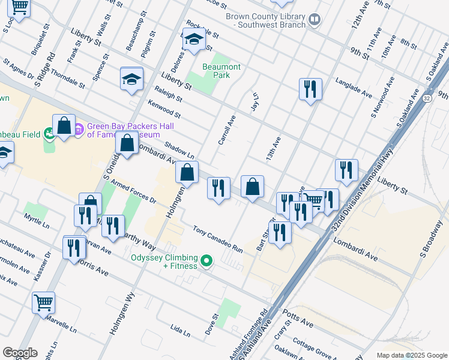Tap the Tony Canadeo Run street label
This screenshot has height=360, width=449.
(217, 239)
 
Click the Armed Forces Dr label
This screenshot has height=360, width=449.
(133, 191)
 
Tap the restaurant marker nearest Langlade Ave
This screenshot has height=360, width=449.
(310, 89)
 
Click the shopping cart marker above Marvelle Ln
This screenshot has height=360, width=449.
(43, 303)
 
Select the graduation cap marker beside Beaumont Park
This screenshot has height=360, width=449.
(193, 41)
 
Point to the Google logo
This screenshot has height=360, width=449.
(19, 353)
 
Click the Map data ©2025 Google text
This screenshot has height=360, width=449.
(411, 355)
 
